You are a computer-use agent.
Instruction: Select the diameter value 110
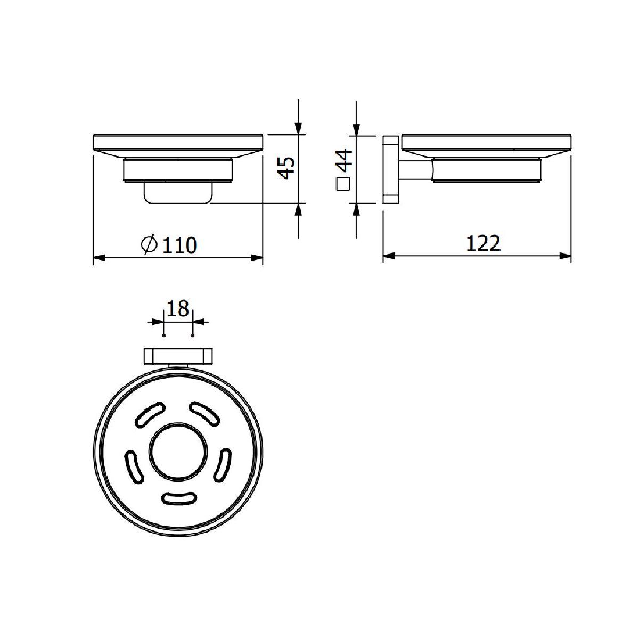179,245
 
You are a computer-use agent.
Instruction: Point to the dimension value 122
483,243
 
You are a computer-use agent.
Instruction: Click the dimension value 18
178,309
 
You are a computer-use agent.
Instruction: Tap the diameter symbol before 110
149,245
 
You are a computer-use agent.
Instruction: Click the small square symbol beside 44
343,184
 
